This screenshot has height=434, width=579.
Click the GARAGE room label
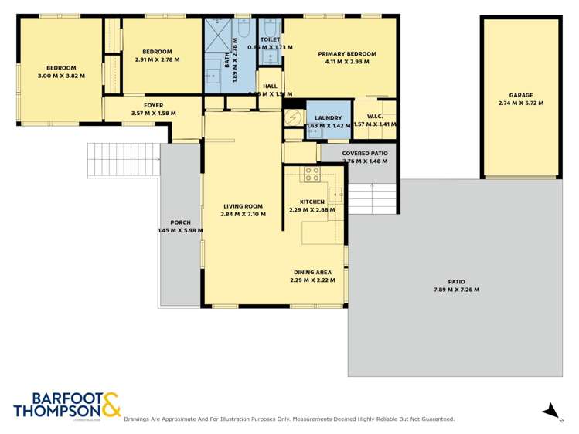pyautogui.click(x=520, y=94)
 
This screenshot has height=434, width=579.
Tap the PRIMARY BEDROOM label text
pyautogui.click(x=347, y=54)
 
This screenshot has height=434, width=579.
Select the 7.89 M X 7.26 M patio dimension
pyautogui.click(x=456, y=290)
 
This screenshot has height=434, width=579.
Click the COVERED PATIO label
pyautogui.click(x=359, y=153)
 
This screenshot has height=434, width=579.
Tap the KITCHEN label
pyautogui.click(x=307, y=202)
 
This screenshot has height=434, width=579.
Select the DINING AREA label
pyautogui.click(x=312, y=272)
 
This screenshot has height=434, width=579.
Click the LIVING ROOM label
pyautogui.click(x=243, y=206)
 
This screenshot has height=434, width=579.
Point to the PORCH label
pyautogui.click(x=180, y=222)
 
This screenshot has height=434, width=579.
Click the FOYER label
pyautogui.click(x=153, y=106)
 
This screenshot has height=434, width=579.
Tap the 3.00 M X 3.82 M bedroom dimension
pyautogui.click(x=61, y=76)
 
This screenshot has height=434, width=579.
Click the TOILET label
pyautogui.click(x=271, y=39)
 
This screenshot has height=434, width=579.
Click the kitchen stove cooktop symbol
pyautogui.click(x=312, y=175)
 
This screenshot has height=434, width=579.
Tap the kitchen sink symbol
pyautogui.click(x=337, y=194)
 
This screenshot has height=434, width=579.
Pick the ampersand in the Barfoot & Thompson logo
pyautogui.click(x=111, y=404)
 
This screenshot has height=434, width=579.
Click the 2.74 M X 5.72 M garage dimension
pyautogui.click(x=520, y=103)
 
